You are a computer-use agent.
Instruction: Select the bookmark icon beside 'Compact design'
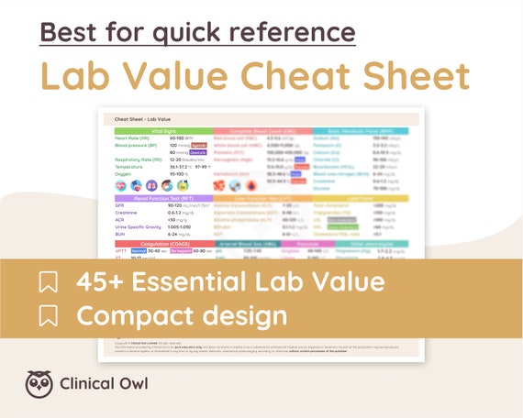pyautogui.click(x=47, y=316)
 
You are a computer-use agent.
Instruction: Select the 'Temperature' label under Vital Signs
pyautogui.click(x=129, y=166)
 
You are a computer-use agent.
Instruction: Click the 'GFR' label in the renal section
pyautogui.click(x=120, y=205)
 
